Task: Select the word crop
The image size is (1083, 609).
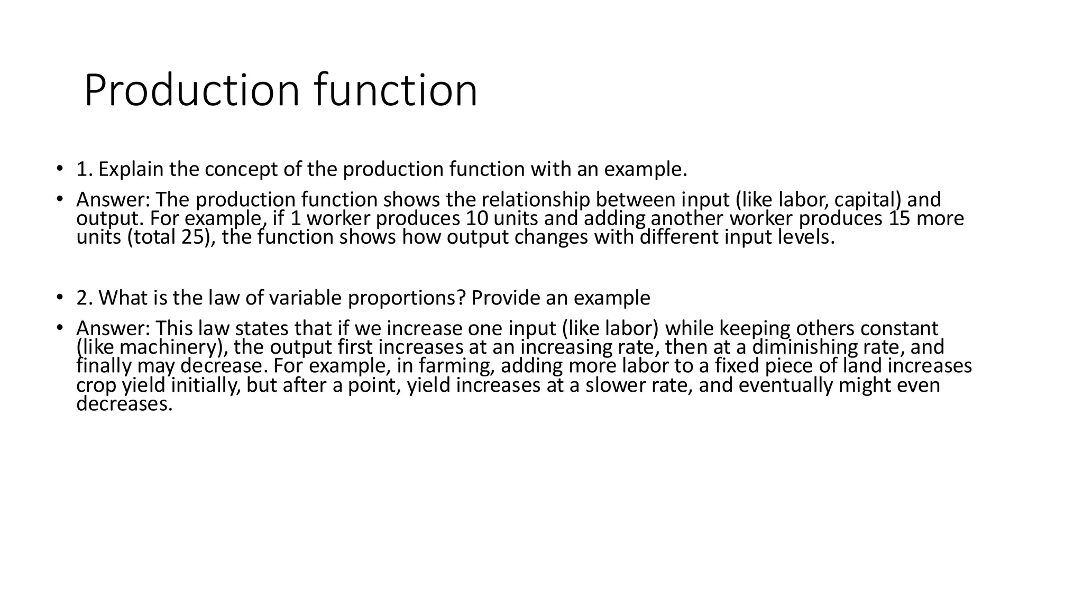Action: [x=96, y=385]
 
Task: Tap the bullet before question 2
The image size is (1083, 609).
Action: [x=60, y=298]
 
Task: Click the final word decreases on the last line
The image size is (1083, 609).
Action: [x=124, y=404]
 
